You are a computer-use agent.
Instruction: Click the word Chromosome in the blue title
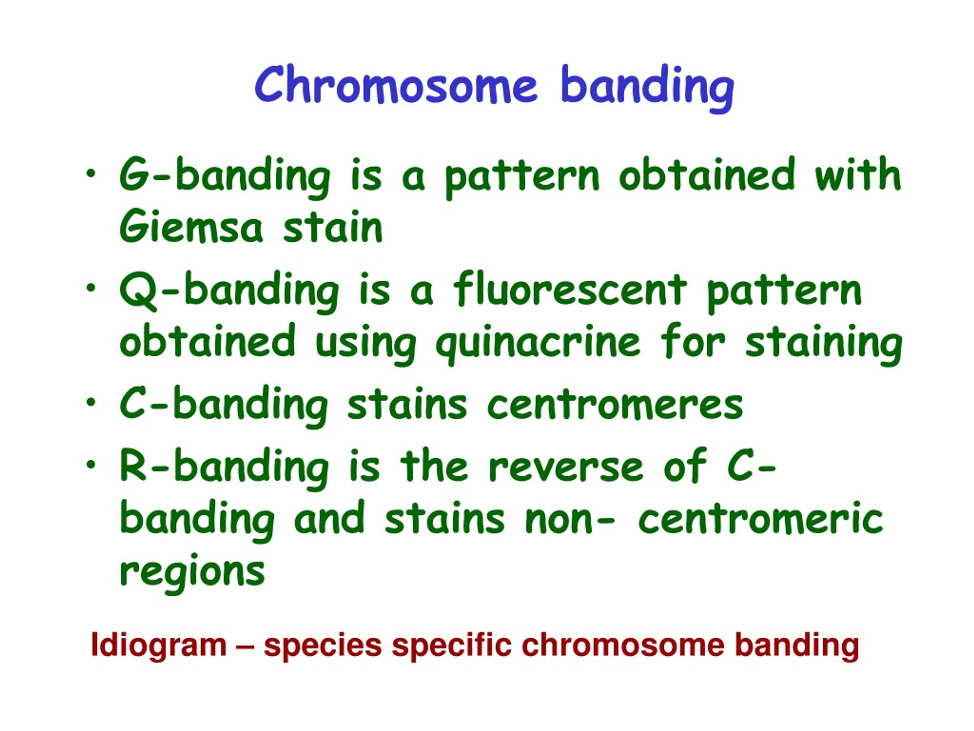(x=395, y=85)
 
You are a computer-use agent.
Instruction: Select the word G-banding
(x=224, y=177)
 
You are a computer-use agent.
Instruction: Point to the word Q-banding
(x=229, y=292)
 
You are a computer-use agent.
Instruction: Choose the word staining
(x=823, y=344)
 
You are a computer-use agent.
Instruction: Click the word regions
(x=192, y=573)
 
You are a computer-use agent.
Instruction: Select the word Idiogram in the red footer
(x=159, y=645)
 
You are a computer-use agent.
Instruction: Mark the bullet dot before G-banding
(x=91, y=174)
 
